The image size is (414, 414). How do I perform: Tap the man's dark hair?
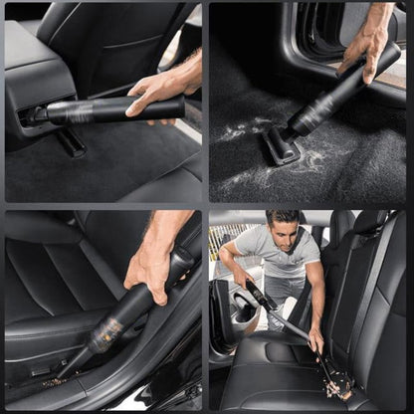(286, 215)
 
